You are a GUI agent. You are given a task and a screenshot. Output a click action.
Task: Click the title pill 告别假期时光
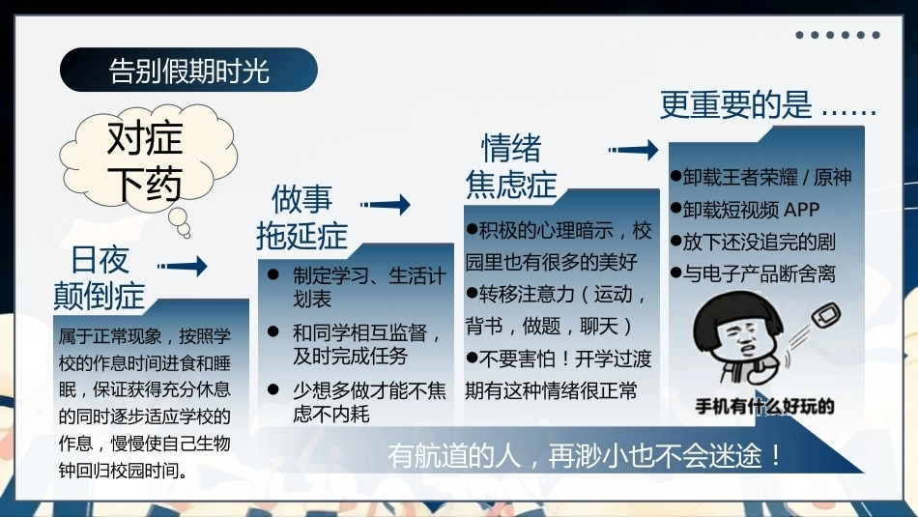[x=188, y=70]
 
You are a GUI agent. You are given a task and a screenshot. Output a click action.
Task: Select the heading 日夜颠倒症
[x=100, y=277]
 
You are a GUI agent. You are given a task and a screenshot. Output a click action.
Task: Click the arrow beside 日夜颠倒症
[x=182, y=266]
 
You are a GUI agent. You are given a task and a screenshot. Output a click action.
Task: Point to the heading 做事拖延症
[x=301, y=217]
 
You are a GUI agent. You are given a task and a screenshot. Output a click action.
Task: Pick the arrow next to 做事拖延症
[x=386, y=204]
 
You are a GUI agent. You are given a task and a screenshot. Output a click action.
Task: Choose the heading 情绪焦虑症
[x=511, y=165]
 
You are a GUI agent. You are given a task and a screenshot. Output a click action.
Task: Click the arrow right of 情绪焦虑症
[x=634, y=150]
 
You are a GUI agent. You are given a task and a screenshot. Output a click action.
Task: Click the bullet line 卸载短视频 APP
[x=745, y=209]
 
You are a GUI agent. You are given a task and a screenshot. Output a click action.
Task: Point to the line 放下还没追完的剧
[x=753, y=242]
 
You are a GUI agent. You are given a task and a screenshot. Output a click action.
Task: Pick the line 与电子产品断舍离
[x=753, y=273]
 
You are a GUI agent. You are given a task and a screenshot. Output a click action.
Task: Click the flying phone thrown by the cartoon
[x=826, y=317]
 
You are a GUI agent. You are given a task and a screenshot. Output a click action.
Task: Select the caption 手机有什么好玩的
[x=764, y=406]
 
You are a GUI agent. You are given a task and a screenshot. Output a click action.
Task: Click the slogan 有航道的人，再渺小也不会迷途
[x=585, y=455]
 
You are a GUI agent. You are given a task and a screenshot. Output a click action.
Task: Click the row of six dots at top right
[x=837, y=35]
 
